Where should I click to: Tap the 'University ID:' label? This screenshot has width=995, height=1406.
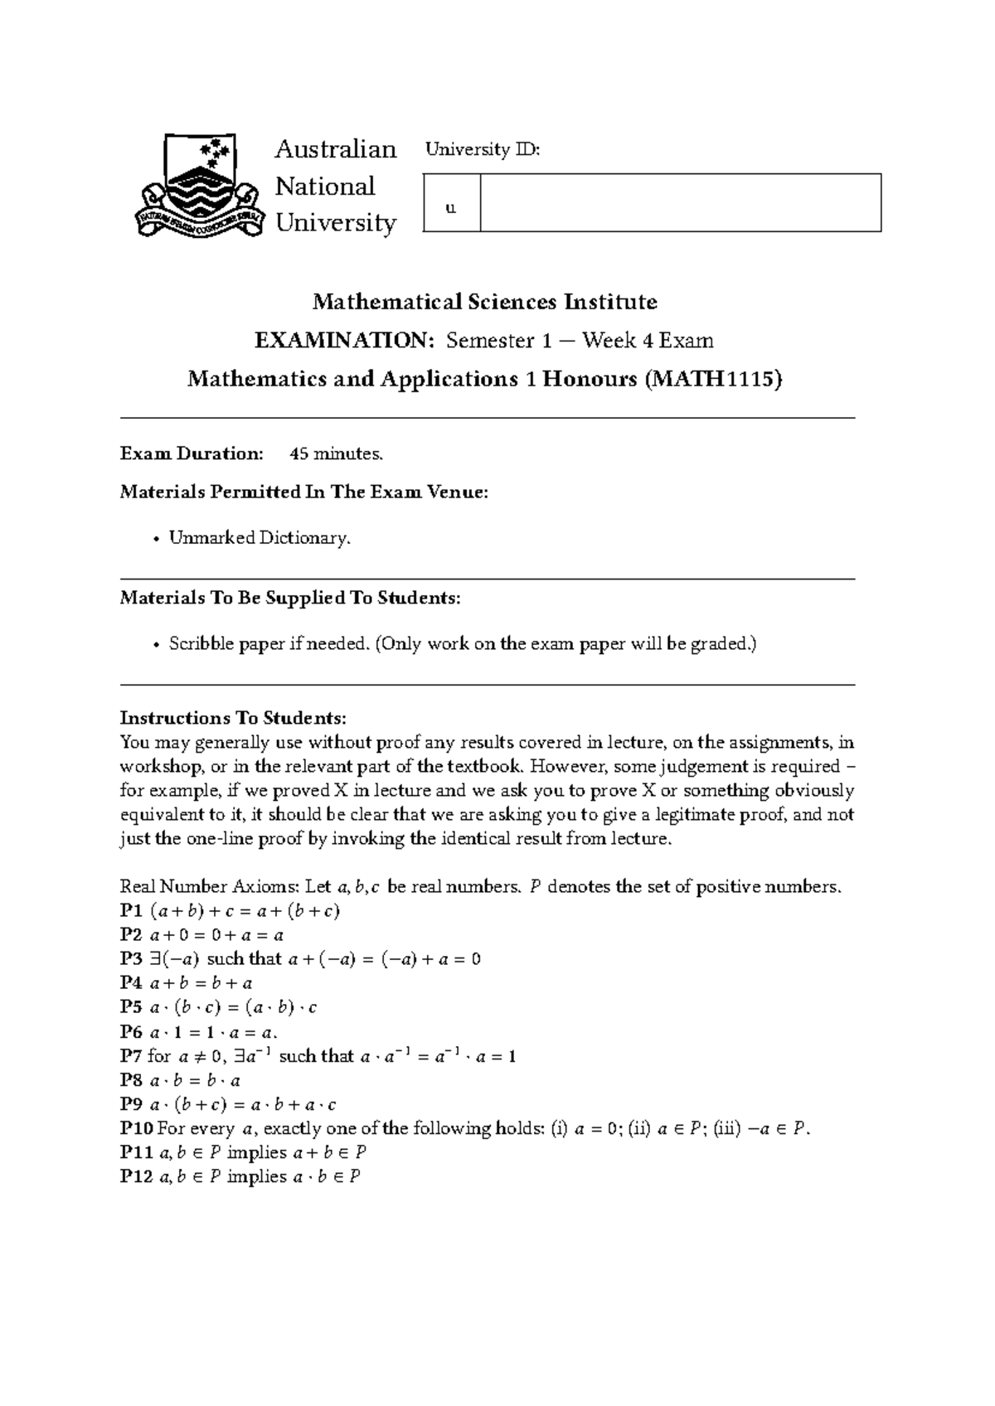(482, 150)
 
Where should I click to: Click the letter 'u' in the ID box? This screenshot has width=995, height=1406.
(451, 208)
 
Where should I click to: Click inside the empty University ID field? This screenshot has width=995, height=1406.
(680, 203)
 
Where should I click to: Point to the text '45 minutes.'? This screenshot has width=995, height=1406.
(336, 453)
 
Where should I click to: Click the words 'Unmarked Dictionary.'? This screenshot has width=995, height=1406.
(260, 538)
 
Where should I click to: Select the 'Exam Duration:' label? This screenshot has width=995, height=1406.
(192, 453)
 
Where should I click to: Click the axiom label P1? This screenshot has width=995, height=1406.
(131, 911)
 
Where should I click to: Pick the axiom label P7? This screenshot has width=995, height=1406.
(131, 1056)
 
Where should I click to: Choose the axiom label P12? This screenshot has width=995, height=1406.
(135, 1177)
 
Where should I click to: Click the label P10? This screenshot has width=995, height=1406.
(135, 1128)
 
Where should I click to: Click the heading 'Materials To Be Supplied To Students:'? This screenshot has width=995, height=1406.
(289, 598)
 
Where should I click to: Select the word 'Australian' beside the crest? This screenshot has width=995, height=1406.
(335, 149)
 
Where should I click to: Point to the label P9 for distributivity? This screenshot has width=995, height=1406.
(131, 1104)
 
